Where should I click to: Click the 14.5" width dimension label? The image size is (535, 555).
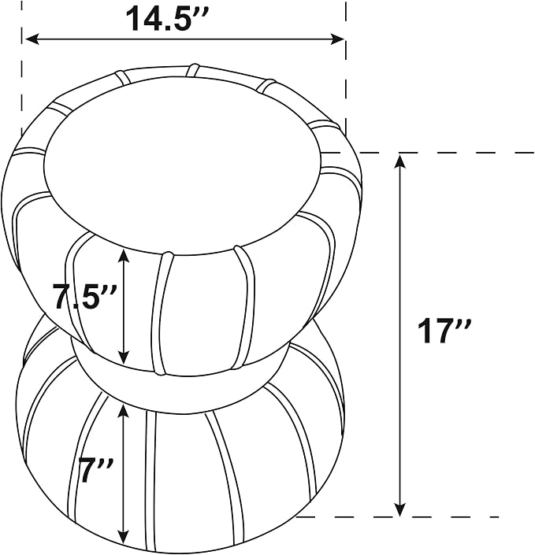[x=169, y=18]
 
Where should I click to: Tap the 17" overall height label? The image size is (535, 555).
[x=444, y=331]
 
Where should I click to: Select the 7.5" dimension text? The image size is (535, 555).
[x=84, y=296]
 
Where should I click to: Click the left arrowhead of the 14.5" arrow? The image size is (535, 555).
[x=32, y=39]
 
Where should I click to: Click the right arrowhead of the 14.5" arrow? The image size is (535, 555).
[x=337, y=39]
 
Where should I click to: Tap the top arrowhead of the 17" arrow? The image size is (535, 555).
[x=400, y=161]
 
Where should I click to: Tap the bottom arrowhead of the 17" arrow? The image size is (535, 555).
[x=400, y=509]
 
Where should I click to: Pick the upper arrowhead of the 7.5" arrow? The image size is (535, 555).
[x=123, y=256]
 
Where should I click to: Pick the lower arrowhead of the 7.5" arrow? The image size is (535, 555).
[x=123, y=357]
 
